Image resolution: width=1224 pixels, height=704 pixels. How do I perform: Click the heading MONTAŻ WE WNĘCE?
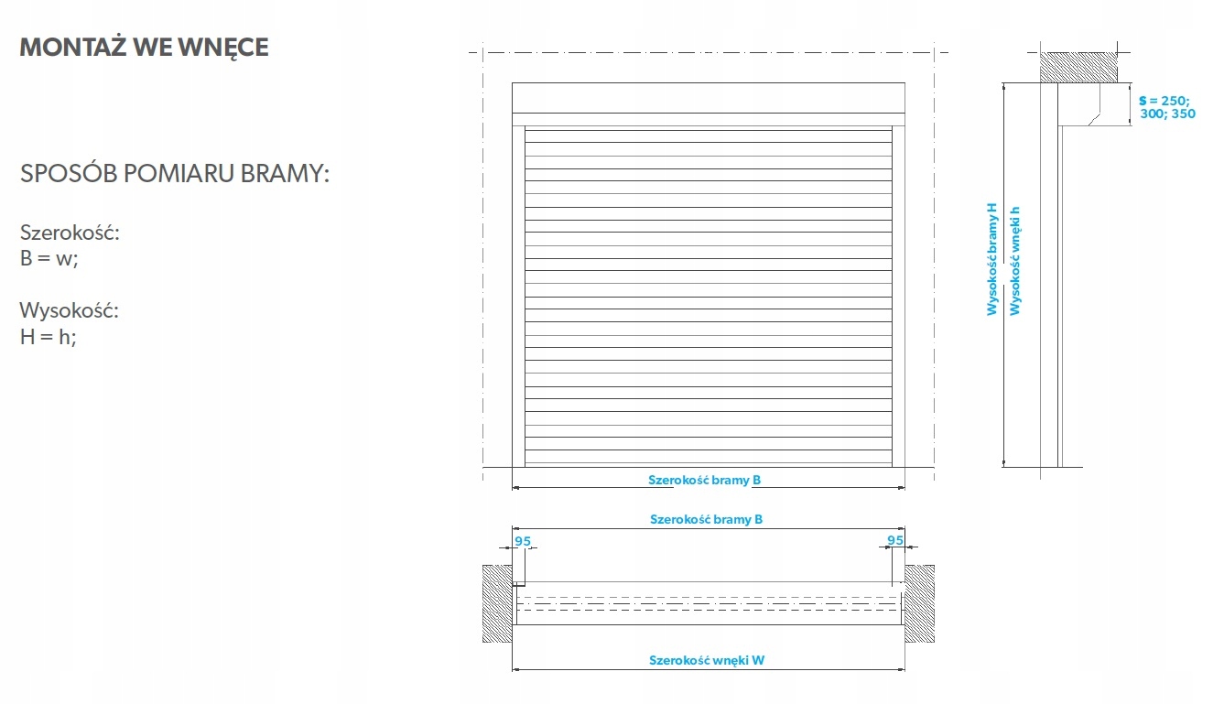click(144, 48)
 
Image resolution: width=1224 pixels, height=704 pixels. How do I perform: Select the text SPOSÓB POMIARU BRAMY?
click(174, 173)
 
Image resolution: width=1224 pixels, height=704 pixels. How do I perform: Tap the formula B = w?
click(49, 258)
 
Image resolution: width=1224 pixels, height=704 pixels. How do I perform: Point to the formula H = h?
click(49, 336)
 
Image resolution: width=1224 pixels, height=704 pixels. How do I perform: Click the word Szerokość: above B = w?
click(70, 233)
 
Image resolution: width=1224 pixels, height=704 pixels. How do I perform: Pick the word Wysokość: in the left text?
click(70, 310)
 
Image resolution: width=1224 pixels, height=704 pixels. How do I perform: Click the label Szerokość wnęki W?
click(706, 660)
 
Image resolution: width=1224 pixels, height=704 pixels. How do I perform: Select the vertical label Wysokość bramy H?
click(991, 260)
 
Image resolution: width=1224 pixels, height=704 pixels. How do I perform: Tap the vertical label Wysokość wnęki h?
click(1014, 260)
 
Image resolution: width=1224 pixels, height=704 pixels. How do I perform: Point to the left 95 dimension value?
click(522, 541)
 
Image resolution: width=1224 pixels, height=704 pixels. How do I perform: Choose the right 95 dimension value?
click(895, 541)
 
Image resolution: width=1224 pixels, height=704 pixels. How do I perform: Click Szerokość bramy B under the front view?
click(705, 480)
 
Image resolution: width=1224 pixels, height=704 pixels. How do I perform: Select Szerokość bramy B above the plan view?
click(706, 519)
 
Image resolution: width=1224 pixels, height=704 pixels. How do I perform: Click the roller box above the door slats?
click(708, 97)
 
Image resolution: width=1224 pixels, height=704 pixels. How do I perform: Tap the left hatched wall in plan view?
click(496, 601)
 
